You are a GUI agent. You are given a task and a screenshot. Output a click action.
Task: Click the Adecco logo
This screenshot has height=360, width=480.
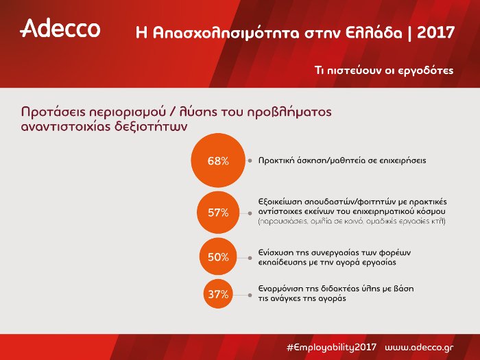point(60,29)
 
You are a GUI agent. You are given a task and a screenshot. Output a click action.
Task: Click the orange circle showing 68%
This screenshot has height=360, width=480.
point(218,161)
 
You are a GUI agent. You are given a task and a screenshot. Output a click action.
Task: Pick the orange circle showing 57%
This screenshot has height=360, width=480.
point(218,213)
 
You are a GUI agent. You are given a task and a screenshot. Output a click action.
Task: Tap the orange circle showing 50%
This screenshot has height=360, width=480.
point(218,257)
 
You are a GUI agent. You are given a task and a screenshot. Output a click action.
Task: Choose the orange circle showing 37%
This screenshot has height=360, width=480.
point(218,294)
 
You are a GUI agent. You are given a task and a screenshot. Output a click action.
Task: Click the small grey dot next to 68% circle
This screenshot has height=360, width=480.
point(249,161)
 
